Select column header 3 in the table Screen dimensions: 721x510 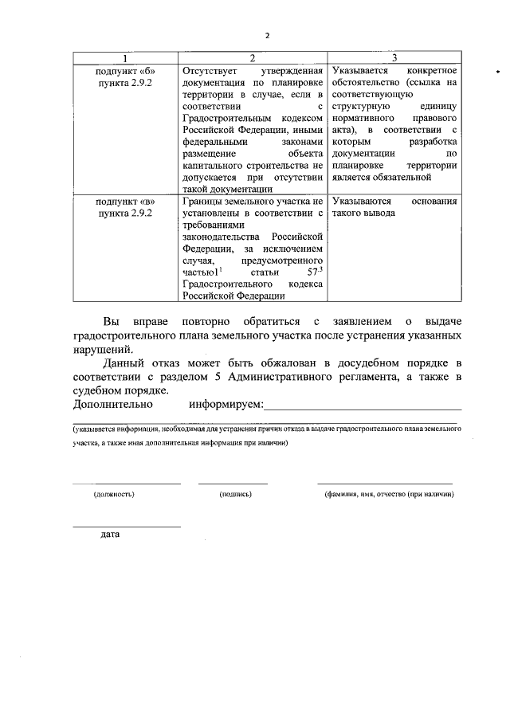pos(395,58)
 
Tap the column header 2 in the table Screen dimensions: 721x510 pos(252,58)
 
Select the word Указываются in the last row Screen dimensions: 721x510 pos(362,202)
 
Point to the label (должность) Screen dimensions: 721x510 pos(113,494)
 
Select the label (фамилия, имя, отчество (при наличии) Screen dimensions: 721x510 pos(388,494)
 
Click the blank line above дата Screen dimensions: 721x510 pos(126,526)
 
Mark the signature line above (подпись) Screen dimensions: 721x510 pos(233,484)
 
